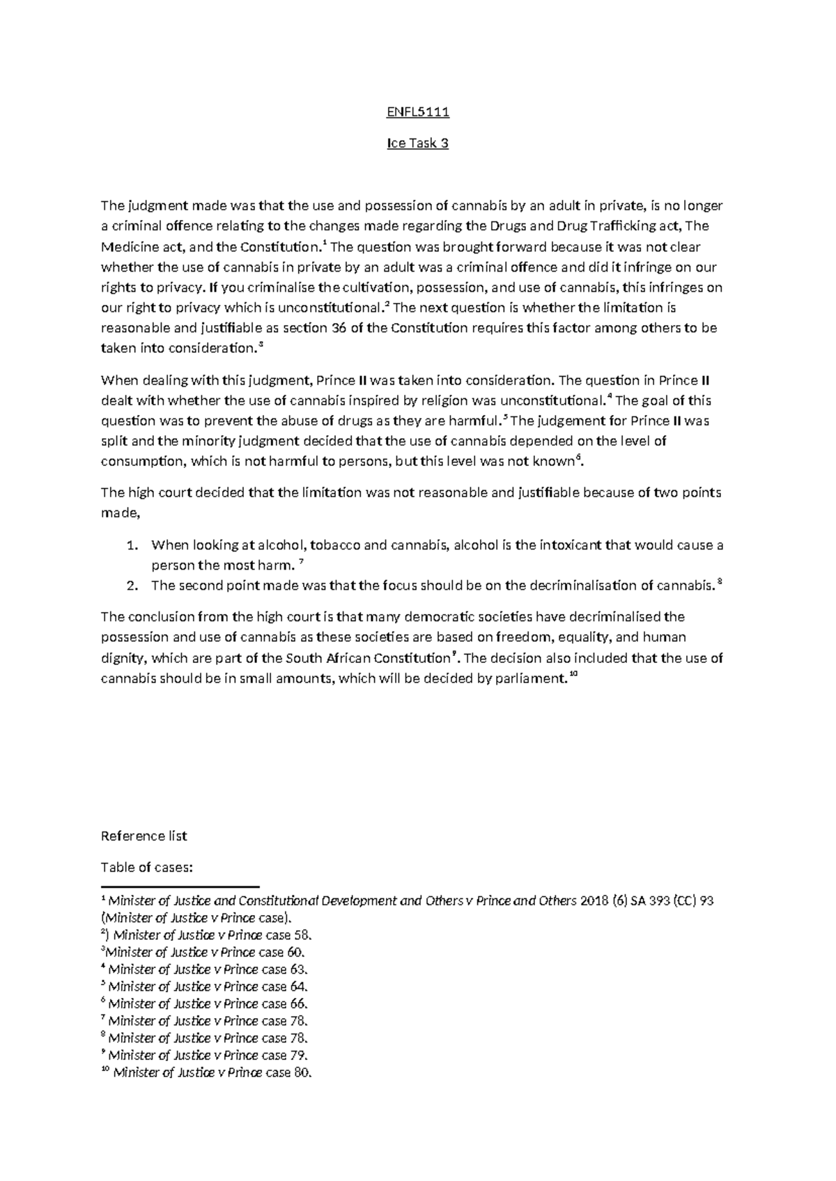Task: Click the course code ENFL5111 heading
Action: [417, 113]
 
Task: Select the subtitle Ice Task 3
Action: [417, 144]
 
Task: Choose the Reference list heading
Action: [144, 836]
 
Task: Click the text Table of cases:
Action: [147, 868]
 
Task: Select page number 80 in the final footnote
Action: [302, 1072]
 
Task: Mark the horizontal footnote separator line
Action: [180, 887]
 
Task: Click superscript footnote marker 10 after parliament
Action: [573, 675]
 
